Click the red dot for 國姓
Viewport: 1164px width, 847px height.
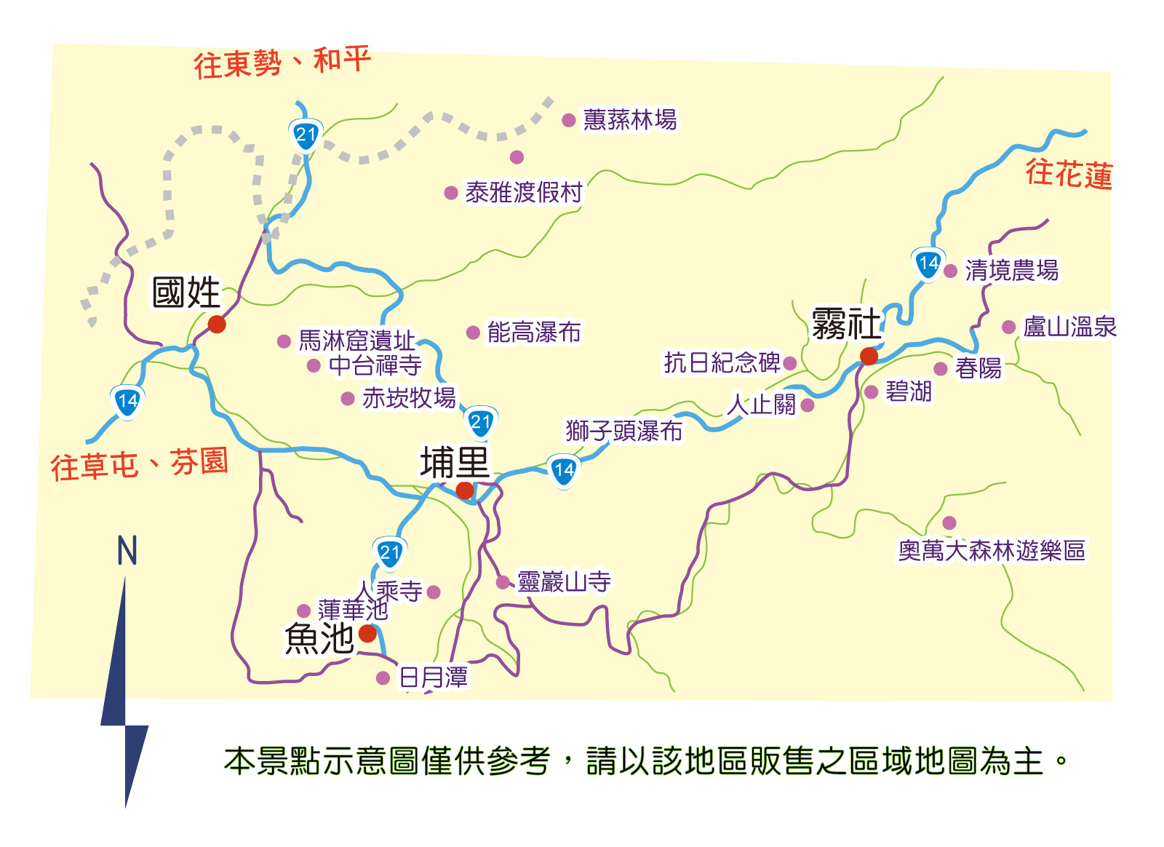(x=217, y=324)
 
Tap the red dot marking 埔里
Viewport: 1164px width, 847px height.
(x=465, y=490)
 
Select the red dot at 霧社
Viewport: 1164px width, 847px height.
(x=869, y=356)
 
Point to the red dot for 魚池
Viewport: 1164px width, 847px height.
(x=368, y=633)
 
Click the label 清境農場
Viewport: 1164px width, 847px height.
(x=1011, y=271)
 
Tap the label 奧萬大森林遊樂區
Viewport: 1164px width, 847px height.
(x=992, y=550)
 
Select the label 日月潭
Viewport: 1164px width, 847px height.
(x=434, y=677)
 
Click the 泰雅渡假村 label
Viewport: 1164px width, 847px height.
(x=524, y=193)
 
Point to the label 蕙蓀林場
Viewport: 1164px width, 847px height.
(x=630, y=120)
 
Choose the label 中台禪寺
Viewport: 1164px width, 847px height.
(x=375, y=365)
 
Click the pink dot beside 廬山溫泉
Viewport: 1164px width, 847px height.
(x=1008, y=327)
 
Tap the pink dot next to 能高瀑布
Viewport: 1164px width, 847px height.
(x=473, y=333)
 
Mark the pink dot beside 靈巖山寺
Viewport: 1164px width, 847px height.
(x=502, y=582)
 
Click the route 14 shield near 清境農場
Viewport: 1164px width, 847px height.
(x=928, y=264)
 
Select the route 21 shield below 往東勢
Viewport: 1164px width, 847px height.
(x=306, y=135)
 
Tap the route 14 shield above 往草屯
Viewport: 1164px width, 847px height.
(x=127, y=401)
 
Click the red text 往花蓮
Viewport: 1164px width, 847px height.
(x=1069, y=175)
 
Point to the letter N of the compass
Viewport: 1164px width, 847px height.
(x=127, y=551)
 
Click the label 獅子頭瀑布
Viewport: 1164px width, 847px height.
(x=624, y=431)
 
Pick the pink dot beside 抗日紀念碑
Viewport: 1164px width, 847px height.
(x=790, y=363)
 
